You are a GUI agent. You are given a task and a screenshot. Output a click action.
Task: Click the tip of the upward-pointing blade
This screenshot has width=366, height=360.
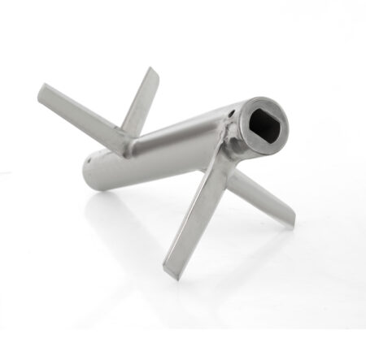(153, 72)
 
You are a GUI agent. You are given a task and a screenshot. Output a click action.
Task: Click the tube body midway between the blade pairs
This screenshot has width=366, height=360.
(175, 146)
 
